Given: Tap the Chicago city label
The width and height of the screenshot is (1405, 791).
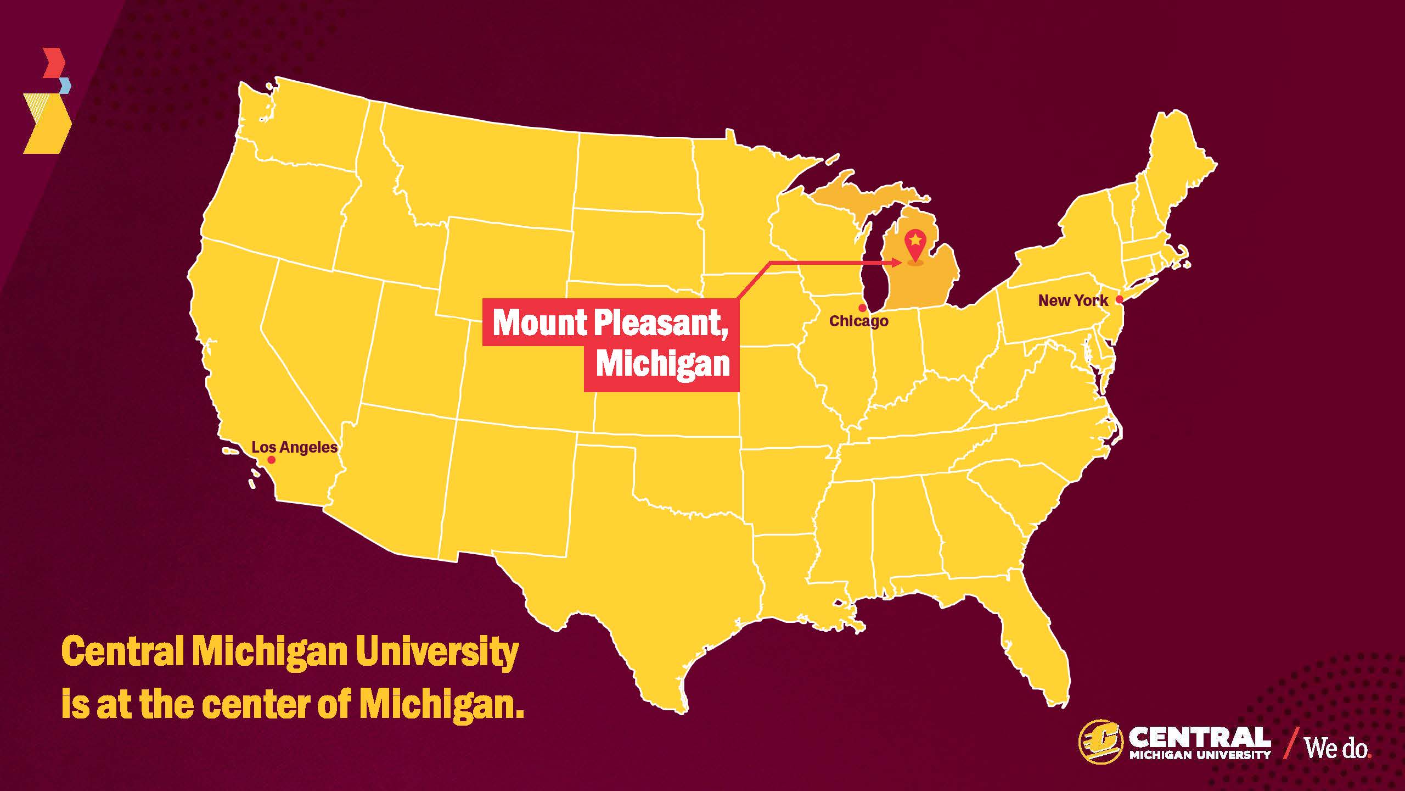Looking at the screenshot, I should tap(858, 321).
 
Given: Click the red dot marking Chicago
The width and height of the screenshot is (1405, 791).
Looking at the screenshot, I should tap(862, 308).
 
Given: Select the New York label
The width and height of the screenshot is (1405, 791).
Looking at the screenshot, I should tap(1073, 300).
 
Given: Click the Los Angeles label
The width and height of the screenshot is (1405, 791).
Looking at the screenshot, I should tap(294, 447).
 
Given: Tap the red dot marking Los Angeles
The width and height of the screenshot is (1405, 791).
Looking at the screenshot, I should tap(271, 460).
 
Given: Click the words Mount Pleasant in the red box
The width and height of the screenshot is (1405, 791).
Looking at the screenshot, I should tap(609, 322).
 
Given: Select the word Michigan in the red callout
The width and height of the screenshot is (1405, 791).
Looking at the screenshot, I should tap(663, 364).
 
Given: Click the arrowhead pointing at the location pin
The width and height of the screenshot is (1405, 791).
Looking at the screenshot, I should tap(896, 263).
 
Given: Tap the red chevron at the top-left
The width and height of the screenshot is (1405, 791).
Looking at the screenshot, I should tap(55, 63).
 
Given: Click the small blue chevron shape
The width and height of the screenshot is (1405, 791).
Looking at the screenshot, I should tap(65, 86).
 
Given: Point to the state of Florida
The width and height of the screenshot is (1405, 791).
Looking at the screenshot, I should tap(1032, 648).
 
